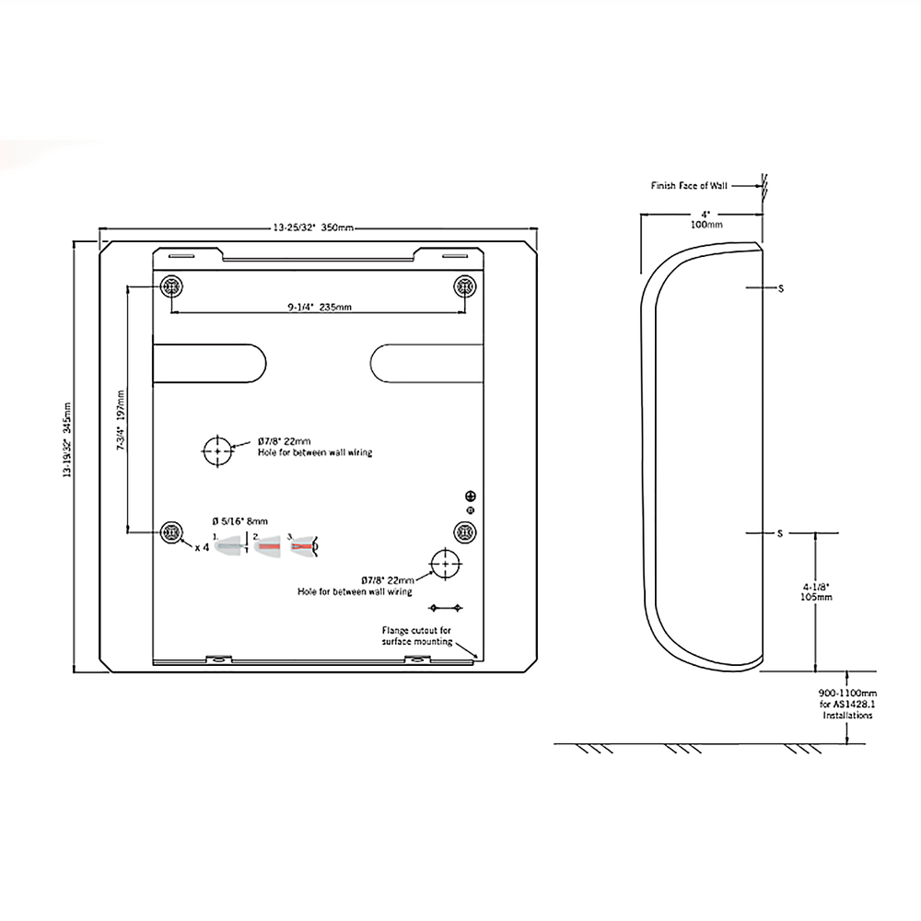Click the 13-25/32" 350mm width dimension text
pos(314,227)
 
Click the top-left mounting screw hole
pos(170,287)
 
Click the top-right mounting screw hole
pos(465,287)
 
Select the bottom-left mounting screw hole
pos(170,531)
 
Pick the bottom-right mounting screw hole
pos(465,531)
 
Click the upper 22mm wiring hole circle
pos(218,450)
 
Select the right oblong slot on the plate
pos(426,362)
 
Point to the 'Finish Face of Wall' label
pos(689,185)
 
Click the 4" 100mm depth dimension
pos(705,218)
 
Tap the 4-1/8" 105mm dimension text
pos(817,590)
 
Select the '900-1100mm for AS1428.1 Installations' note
pos(845,703)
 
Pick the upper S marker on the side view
pos(780,289)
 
